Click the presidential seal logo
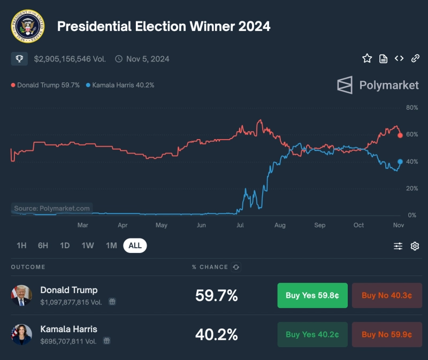(x=27, y=26)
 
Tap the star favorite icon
(x=367, y=58)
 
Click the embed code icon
(x=399, y=58)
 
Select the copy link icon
(x=415, y=58)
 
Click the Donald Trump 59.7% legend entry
(x=45, y=85)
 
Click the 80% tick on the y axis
(x=411, y=108)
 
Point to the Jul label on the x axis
(x=240, y=225)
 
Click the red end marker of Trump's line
(x=400, y=135)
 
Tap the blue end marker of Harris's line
(x=400, y=162)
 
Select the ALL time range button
(x=135, y=246)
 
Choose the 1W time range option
(x=88, y=246)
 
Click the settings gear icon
(x=415, y=246)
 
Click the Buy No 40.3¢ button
(x=387, y=295)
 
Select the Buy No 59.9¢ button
(x=387, y=334)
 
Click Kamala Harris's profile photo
(x=22, y=334)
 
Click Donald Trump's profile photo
(x=22, y=295)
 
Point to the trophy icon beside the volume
(x=19, y=59)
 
